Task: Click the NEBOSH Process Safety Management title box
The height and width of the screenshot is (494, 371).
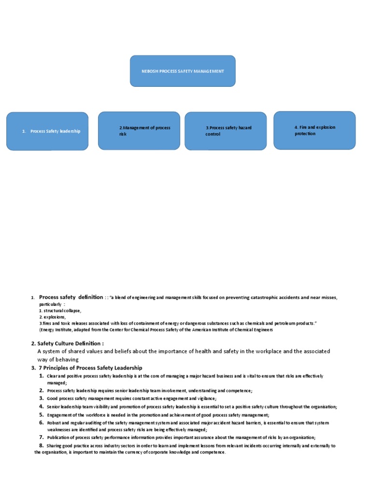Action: (x=183, y=71)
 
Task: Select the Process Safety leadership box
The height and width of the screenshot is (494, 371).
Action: (x=47, y=131)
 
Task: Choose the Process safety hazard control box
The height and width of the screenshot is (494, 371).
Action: (x=226, y=131)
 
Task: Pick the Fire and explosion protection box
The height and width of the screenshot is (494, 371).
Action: (x=314, y=130)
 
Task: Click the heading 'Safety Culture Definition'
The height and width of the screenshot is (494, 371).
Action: (x=70, y=343)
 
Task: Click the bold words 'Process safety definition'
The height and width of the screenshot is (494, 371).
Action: (x=71, y=297)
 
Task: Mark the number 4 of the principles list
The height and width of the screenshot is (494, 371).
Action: (x=42, y=407)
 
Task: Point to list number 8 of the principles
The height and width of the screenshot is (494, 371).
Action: (x=42, y=445)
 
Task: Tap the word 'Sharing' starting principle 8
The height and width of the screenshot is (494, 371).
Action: (x=55, y=446)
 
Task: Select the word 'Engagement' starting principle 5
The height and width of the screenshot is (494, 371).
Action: (x=59, y=415)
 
